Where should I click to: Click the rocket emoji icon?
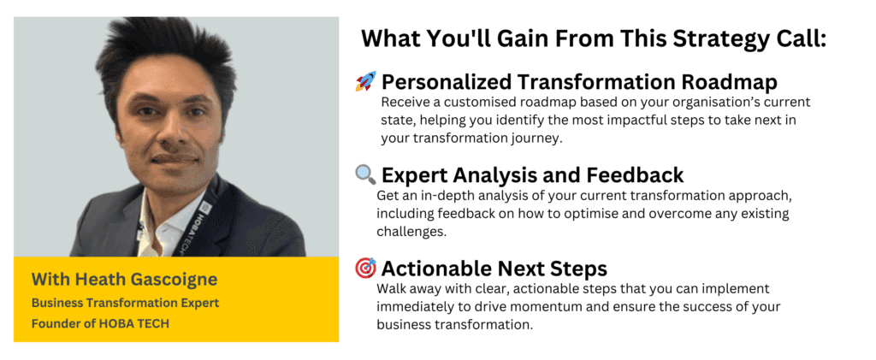point(365,82)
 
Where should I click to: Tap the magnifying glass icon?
point(365,175)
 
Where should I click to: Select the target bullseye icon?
point(365,269)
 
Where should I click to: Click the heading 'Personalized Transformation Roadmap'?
point(578,82)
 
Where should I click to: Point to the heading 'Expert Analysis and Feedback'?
point(532,175)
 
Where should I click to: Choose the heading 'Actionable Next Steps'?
point(495,269)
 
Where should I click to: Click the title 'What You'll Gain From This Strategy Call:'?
point(593,39)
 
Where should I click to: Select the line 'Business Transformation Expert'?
point(125,303)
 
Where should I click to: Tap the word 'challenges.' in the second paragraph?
point(411,231)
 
